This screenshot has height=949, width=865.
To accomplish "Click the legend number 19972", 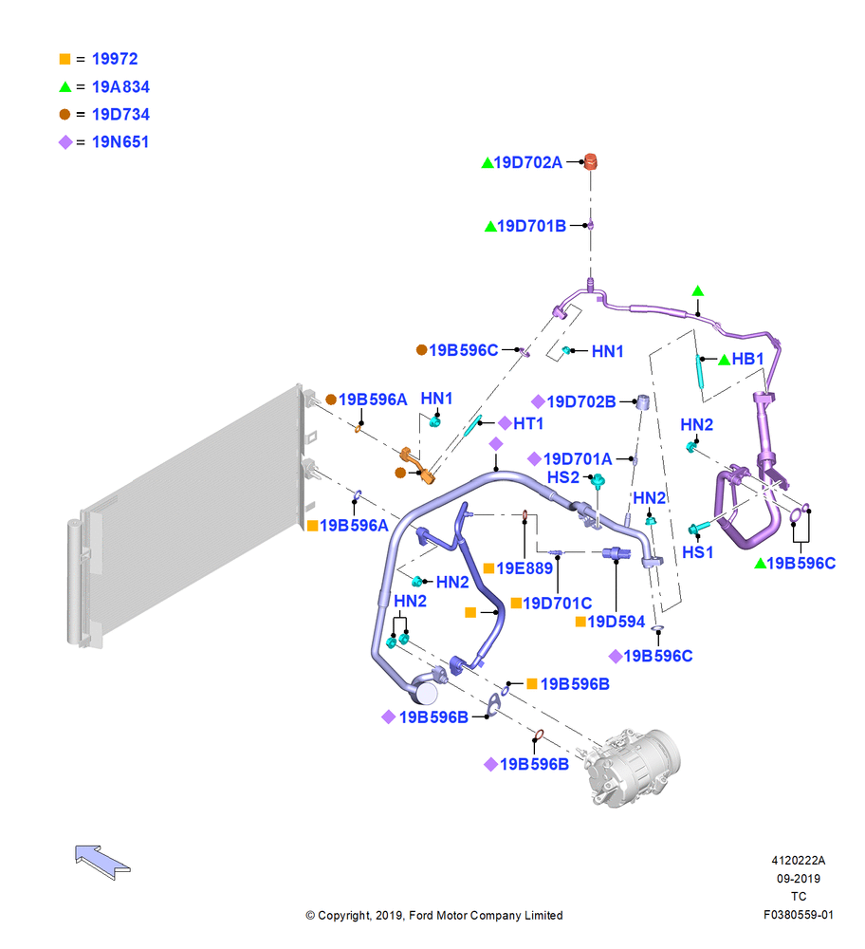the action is [115, 59].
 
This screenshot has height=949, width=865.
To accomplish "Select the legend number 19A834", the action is [120, 86].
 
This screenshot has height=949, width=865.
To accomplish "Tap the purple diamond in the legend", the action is [65, 142].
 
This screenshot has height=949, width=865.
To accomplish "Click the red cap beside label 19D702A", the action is [590, 161].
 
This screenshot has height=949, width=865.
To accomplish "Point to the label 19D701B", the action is [531, 226].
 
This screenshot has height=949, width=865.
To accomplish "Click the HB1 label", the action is [747, 359].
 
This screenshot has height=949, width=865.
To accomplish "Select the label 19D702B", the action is [580, 401].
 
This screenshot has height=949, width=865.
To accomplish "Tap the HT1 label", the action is [528, 423].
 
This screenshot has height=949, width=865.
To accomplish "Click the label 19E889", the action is [525, 568].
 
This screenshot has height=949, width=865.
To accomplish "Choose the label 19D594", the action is [616, 622].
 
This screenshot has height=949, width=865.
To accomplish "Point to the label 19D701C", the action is [557, 603].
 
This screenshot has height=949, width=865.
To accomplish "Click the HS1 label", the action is [697, 552].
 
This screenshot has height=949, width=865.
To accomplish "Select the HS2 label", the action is [563, 477].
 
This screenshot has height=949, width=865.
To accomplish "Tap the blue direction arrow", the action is [102, 862].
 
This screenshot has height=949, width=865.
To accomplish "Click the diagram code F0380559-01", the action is [798, 915].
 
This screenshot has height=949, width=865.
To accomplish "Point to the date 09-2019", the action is [799, 878].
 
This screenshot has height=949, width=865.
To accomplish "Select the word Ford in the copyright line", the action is [421, 915].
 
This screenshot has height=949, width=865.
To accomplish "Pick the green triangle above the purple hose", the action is [697, 291].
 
